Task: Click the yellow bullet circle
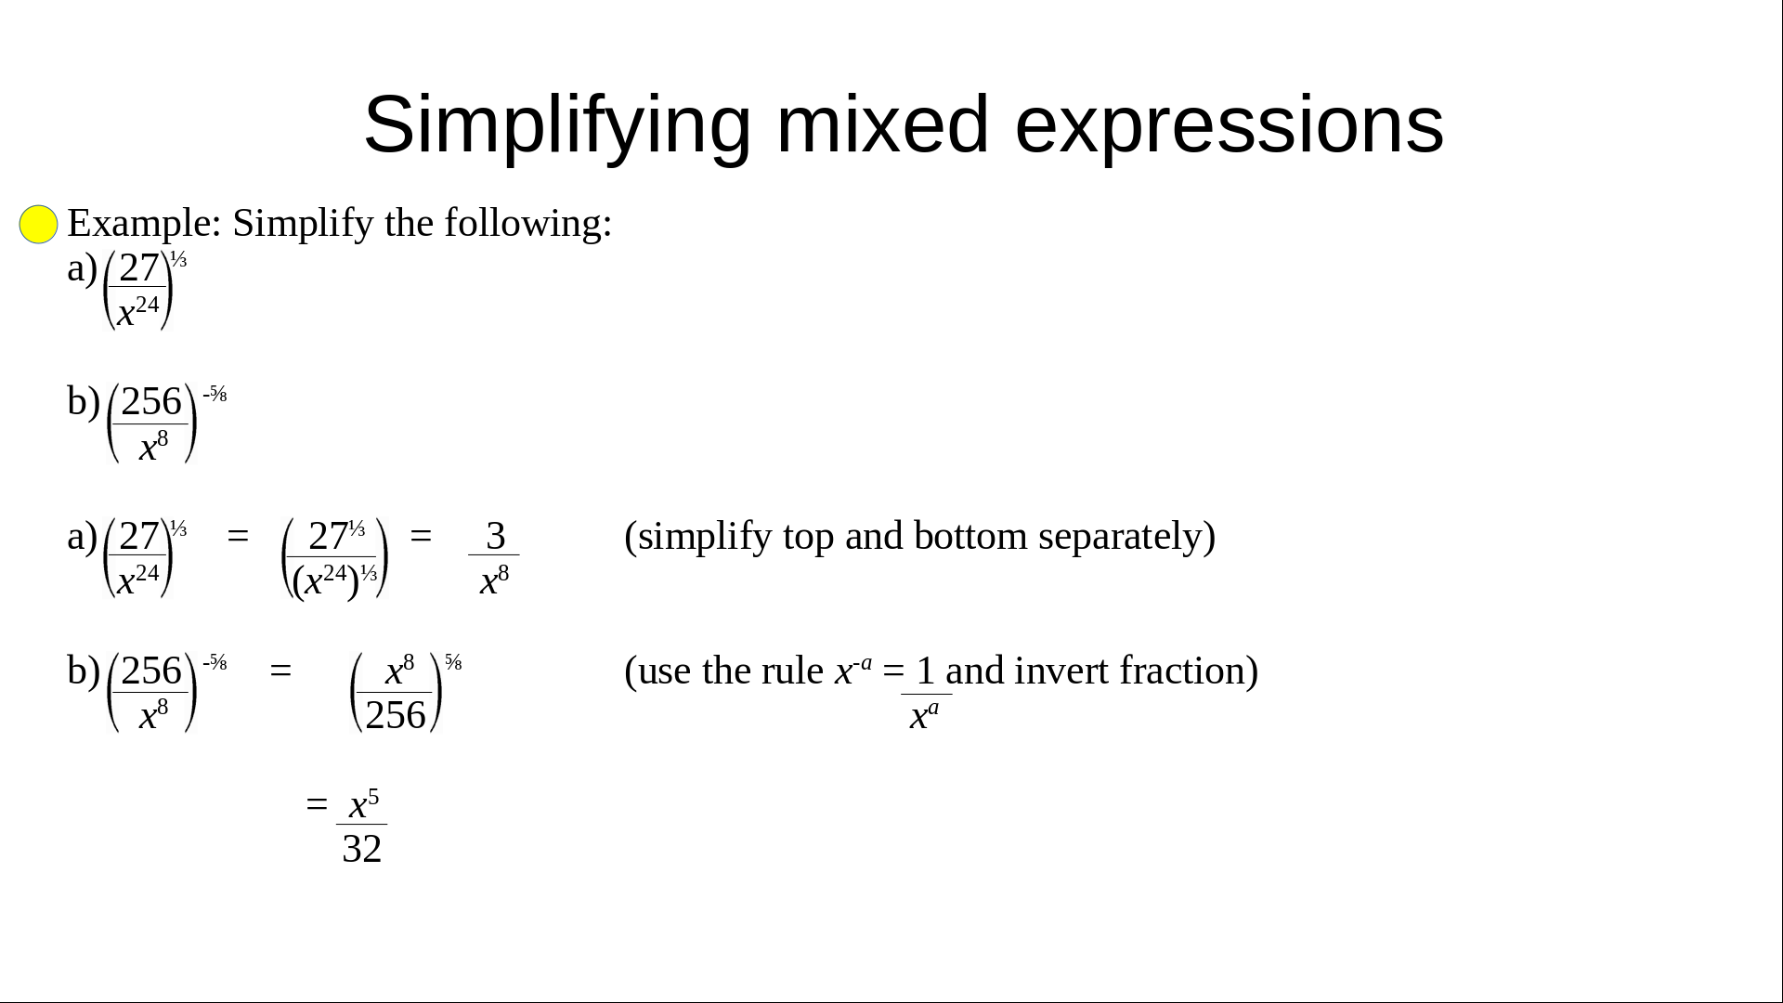pos(38,225)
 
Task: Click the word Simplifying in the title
pos(556,125)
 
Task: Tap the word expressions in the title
pos(1229,125)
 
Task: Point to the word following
pos(527,224)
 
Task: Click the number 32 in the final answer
pos(362,849)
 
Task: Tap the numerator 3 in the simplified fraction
pos(495,536)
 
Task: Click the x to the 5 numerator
pos(363,803)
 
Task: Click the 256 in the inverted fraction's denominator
pos(396,715)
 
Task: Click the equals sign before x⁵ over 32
pos(317,803)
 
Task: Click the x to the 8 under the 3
pos(494,580)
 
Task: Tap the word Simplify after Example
pos(303,224)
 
